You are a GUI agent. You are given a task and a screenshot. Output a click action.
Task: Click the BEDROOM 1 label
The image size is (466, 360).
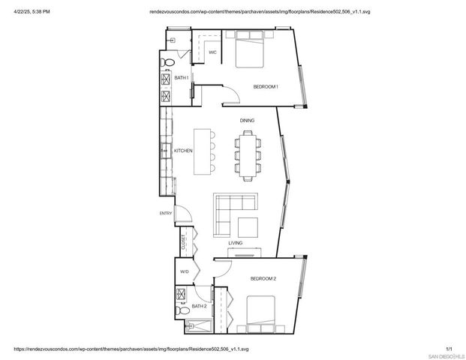tap(266, 87)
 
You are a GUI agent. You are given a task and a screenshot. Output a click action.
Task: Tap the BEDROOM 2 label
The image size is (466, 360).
tap(263, 279)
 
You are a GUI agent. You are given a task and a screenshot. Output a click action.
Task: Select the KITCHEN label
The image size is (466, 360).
tap(183, 151)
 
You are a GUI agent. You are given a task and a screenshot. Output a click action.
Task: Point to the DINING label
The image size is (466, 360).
tap(247, 120)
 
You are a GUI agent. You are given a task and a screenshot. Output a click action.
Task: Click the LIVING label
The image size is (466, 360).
tap(236, 243)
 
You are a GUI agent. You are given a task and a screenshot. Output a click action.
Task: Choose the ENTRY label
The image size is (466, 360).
tap(166, 213)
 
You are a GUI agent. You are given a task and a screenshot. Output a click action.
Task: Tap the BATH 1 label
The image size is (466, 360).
tap(182, 77)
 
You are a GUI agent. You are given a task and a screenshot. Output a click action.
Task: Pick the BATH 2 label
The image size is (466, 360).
tap(199, 306)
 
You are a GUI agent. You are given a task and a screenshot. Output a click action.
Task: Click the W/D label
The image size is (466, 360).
tap(184, 271)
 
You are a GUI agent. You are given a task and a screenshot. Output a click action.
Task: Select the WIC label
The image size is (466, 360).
tap(212, 52)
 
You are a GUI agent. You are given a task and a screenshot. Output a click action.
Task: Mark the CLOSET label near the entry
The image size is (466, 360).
tap(183, 242)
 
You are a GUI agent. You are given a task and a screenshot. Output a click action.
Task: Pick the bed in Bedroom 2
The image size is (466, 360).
tap(263, 315)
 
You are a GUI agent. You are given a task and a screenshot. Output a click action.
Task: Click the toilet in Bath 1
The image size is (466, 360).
tap(170, 61)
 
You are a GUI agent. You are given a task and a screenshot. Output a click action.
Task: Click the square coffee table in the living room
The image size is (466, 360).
tap(247, 226)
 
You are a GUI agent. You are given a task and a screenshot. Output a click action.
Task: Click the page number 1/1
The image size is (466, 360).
tap(449, 348)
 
